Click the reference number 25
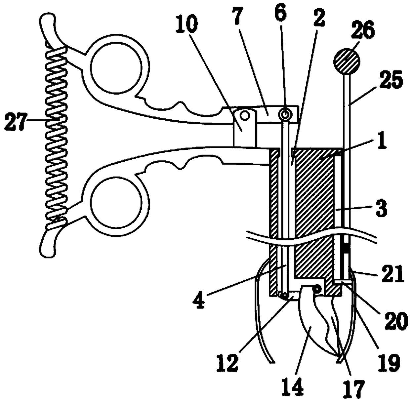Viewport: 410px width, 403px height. coord(392,81)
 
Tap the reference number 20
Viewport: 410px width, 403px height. coord(397,320)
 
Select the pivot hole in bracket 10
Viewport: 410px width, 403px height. coord(245,115)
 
